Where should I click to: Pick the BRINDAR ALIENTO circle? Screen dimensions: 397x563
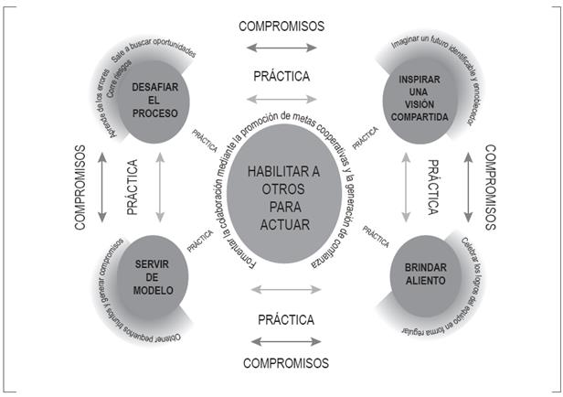point(417,272)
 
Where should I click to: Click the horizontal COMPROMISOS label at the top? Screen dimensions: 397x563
point(281,26)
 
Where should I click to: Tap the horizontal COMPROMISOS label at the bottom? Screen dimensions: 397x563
point(285,363)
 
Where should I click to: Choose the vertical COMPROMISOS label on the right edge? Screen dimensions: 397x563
point(489,187)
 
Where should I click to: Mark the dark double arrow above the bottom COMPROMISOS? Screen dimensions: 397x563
point(285,342)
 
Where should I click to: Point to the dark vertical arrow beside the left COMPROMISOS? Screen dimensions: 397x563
point(101,186)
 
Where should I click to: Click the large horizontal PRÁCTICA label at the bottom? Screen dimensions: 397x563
point(286,320)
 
